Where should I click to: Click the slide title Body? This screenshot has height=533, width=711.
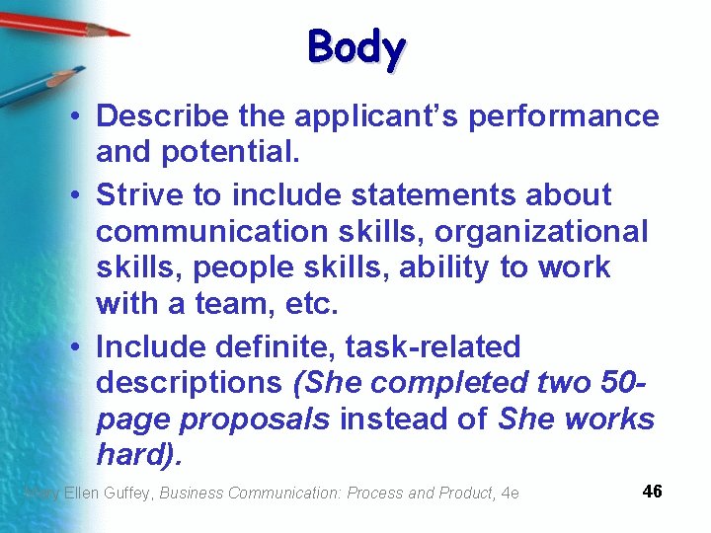coord(356,47)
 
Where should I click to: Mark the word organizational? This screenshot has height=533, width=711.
coord(541,232)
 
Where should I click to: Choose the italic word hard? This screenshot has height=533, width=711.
coord(133,455)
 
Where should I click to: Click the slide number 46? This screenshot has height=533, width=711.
coord(652,492)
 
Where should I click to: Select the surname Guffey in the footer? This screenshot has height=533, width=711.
coord(129,493)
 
